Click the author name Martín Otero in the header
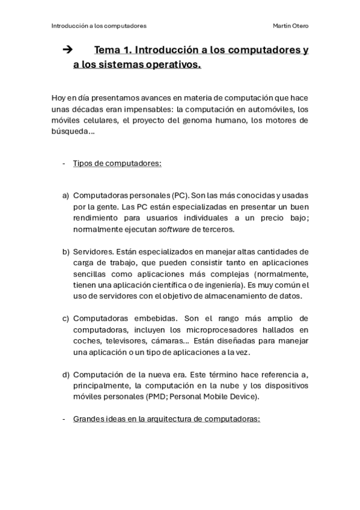pos(291,26)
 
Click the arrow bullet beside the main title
pos(67,50)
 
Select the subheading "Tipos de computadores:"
pos(117,163)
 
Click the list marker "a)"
pos(66,195)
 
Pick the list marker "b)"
pos(66,251)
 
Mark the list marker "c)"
pos(66,318)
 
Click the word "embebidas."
pos(157,318)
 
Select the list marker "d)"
pos(66,375)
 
